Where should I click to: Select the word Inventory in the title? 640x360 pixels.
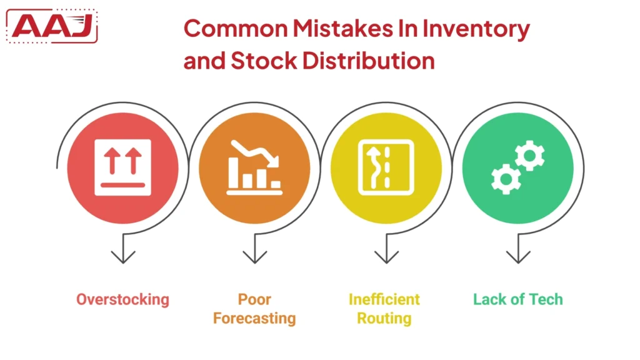(x=474, y=29)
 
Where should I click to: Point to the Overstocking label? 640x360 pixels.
(x=122, y=299)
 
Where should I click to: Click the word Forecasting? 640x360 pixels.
(x=254, y=318)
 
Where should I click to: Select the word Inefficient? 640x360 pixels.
(x=384, y=299)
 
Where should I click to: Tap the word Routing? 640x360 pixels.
(x=384, y=318)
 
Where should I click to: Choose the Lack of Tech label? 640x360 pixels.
(x=518, y=299)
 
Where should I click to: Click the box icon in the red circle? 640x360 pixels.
(x=122, y=167)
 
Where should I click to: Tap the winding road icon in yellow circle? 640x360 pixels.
(x=386, y=167)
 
